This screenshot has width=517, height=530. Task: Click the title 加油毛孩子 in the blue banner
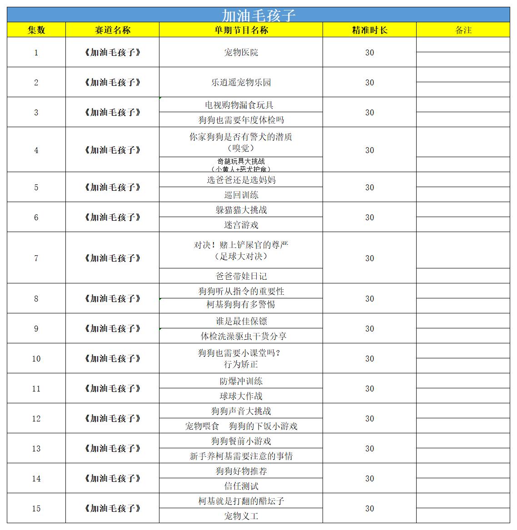coord(258,15)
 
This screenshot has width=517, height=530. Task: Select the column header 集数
coord(36,30)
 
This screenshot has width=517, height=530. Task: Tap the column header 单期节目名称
coord(241,30)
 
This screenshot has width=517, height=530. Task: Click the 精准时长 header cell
coord(369,30)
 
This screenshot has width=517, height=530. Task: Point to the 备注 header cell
coord(463,30)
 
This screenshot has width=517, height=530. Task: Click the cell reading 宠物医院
coord(241,52)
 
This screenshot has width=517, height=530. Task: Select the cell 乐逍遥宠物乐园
coord(241,82)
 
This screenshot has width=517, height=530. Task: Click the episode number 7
coord(36,258)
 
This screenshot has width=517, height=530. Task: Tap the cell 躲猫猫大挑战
coord(241,210)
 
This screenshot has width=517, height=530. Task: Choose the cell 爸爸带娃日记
coord(241,276)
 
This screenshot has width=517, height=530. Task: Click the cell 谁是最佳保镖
coord(241,321)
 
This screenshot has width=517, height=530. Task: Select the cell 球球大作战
coord(241,396)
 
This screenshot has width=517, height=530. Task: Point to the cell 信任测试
coord(241,486)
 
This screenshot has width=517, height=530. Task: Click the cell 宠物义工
coord(241,516)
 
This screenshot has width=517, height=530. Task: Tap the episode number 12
coord(36,418)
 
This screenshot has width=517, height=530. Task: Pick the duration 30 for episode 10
coord(369,358)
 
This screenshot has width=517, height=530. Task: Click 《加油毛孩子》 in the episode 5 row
coord(113,187)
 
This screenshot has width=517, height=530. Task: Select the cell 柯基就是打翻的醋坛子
coord(241,501)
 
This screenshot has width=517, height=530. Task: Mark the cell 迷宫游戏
coord(241,225)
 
